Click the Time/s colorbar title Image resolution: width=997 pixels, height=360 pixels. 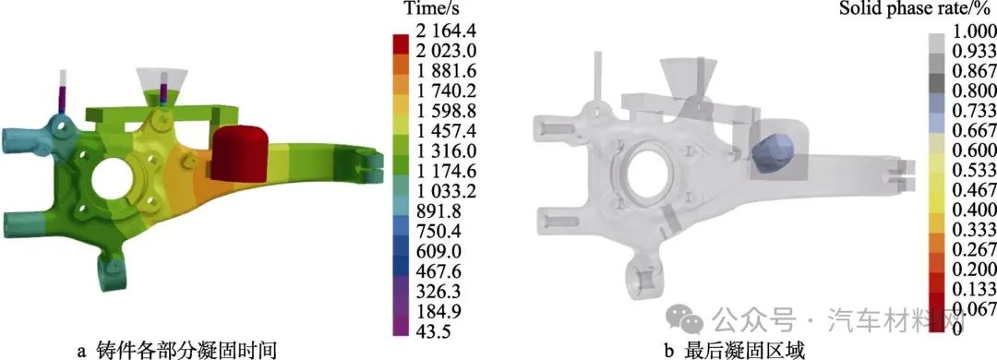tap(432, 9)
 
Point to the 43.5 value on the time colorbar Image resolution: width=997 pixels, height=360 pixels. tap(432, 331)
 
